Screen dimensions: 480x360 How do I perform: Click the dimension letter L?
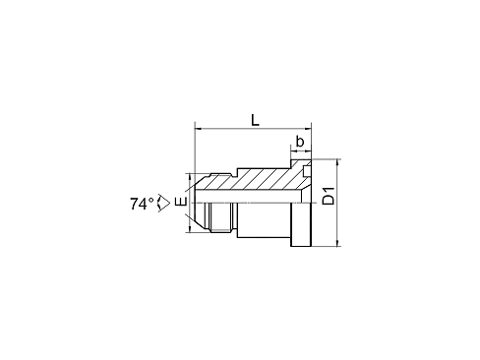coord(255,120)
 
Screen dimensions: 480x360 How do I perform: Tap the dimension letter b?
coord(300,142)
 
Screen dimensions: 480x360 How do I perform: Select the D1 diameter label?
coord(329,196)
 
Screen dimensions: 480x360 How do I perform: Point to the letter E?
coord(181,202)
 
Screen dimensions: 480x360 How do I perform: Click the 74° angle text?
coord(142,204)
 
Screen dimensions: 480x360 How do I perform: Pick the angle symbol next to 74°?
coord(164,204)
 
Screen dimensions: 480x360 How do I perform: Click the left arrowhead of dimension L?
coord(198,129)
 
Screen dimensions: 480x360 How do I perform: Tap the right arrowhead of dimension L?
coord(308,129)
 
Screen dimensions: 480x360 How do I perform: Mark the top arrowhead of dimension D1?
coord(337,162)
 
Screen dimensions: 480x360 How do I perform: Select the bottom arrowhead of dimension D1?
coord(337,243)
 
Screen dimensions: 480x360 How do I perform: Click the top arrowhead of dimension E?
coord(189,176)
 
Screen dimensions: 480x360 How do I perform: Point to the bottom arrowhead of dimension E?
coord(189,229)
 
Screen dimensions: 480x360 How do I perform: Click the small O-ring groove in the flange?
coord(307,171)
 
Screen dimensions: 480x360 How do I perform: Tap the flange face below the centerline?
coord(301,224)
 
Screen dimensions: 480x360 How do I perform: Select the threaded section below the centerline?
coord(220,217)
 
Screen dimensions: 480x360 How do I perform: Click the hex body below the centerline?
coord(264,220)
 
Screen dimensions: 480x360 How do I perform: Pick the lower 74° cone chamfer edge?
coord(202,223)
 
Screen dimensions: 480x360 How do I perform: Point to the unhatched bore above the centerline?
coord(248,197)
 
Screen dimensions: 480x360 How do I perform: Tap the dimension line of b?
coord(301,151)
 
